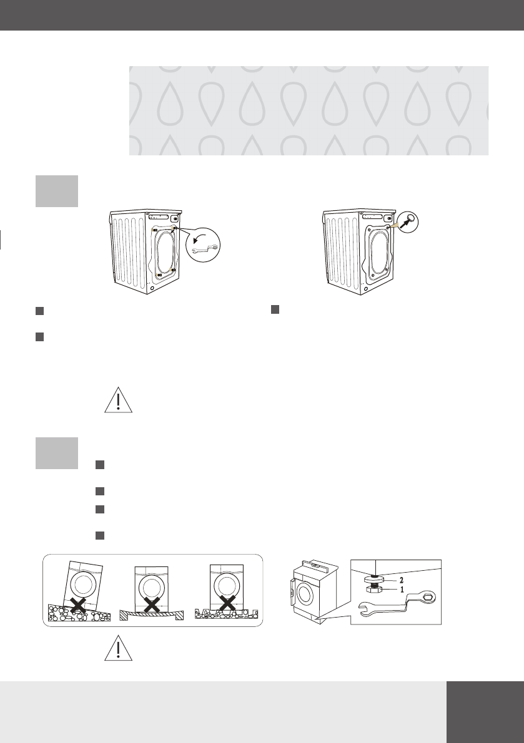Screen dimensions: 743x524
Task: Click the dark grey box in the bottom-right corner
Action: (485, 712)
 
